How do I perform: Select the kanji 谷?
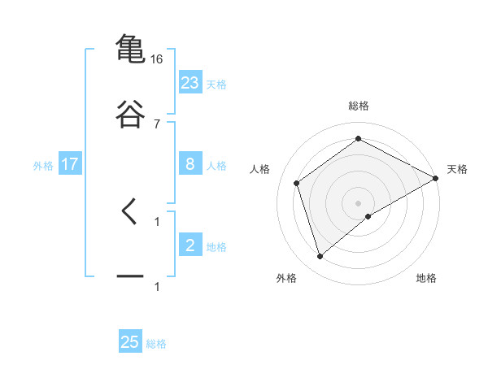(x=130, y=114)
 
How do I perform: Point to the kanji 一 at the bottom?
(x=130, y=276)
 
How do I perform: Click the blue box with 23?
(x=190, y=83)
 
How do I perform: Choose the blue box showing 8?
(x=190, y=164)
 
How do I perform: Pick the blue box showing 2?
(x=190, y=245)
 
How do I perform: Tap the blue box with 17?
(x=70, y=164)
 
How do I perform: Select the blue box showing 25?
(x=130, y=342)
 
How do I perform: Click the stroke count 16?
(x=157, y=59)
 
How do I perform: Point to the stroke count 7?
(x=157, y=124)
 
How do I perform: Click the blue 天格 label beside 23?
(x=216, y=84)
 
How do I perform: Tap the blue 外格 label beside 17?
(x=43, y=165)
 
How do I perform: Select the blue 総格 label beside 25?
(x=156, y=343)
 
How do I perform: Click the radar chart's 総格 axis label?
(x=359, y=106)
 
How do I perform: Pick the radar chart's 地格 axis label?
(x=426, y=278)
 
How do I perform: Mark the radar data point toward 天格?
(x=437, y=178)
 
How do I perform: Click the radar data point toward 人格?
(x=297, y=183)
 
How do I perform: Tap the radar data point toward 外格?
(x=320, y=257)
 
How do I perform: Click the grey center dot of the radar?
(x=359, y=202)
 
